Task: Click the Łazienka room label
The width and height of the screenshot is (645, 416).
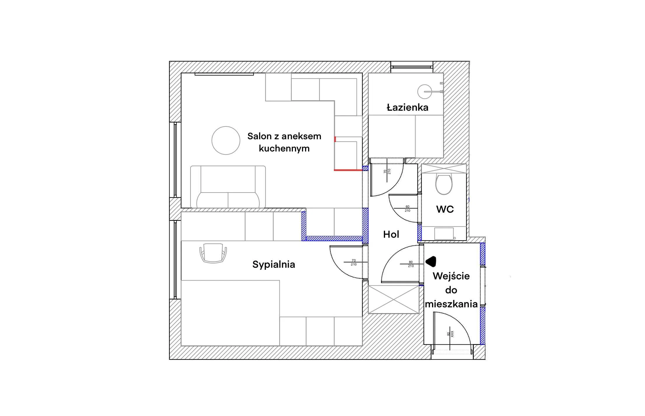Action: click(407, 107)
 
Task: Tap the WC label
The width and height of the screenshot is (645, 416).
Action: click(445, 209)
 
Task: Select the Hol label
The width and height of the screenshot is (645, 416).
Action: click(391, 234)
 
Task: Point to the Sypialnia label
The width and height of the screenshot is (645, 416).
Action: click(274, 265)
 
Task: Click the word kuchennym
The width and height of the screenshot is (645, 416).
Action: click(284, 148)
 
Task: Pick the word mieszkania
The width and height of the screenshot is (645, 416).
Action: click(451, 304)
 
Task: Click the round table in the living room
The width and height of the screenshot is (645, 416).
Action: click(226, 140)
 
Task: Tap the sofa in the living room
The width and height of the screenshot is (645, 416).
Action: click(228, 186)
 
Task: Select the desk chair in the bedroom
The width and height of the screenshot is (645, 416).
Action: click(213, 253)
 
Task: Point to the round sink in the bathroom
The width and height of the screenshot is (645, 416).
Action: click(425, 91)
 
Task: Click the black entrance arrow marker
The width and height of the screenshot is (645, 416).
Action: click(431, 261)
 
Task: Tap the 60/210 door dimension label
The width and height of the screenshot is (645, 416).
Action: click(408, 209)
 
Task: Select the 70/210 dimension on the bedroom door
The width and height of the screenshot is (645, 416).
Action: click(354, 262)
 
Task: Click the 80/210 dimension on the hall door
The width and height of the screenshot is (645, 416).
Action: click(411, 264)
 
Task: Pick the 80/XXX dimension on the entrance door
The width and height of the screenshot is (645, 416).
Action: click(450, 334)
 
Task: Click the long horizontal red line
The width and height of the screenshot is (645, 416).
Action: click(348, 170)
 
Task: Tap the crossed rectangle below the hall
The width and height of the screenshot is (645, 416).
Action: click(394, 299)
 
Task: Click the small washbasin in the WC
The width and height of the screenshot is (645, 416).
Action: click(444, 234)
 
